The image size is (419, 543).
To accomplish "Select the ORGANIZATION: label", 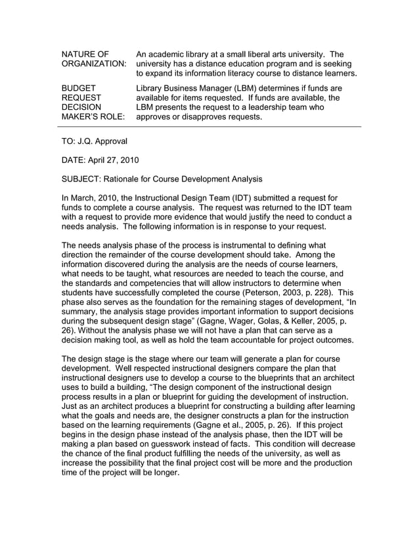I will click(x=94, y=64).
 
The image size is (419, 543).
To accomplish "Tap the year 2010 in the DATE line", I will click(x=127, y=160).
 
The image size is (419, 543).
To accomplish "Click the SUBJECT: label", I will click(x=83, y=178).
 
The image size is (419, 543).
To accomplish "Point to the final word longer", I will click(x=164, y=473).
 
